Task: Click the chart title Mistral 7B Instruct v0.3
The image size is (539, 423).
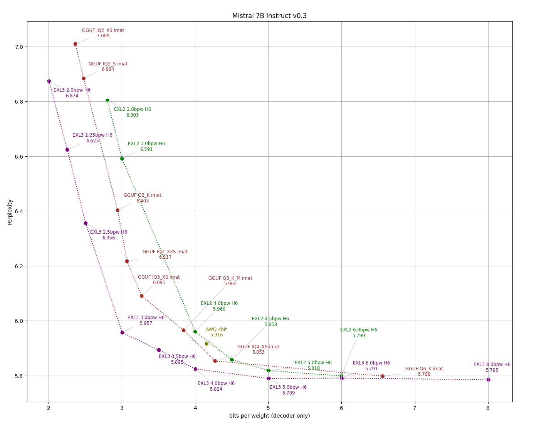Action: click(269, 16)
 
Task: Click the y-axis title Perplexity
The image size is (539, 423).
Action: click(10, 212)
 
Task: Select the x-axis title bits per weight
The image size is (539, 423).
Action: click(269, 416)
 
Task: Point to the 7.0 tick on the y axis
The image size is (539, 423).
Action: click(18, 47)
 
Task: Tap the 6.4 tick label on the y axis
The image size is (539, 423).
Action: click(18, 211)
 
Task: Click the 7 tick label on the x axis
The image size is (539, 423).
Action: click(415, 408)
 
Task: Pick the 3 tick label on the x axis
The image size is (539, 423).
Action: click(122, 408)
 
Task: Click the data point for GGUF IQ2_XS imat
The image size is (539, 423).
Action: click(75, 44)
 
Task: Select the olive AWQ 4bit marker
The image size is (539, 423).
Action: click(207, 344)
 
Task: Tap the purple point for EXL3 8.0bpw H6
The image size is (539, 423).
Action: click(488, 380)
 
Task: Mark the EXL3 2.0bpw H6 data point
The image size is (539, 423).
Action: click(49, 81)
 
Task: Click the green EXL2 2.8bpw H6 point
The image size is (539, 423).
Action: click(107, 100)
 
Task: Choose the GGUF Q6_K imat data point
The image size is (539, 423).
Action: click(383, 376)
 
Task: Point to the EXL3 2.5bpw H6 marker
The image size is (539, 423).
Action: click(86, 223)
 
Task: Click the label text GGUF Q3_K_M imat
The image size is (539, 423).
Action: click(230, 278)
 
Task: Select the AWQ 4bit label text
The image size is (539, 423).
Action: click(216, 329)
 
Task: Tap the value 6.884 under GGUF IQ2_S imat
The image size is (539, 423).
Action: click(108, 70)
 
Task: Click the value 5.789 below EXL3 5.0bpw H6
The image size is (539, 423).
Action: click(288, 393)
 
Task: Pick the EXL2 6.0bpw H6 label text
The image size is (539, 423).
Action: click(358, 330)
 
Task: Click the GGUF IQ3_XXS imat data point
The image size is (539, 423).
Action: click(127, 261)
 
